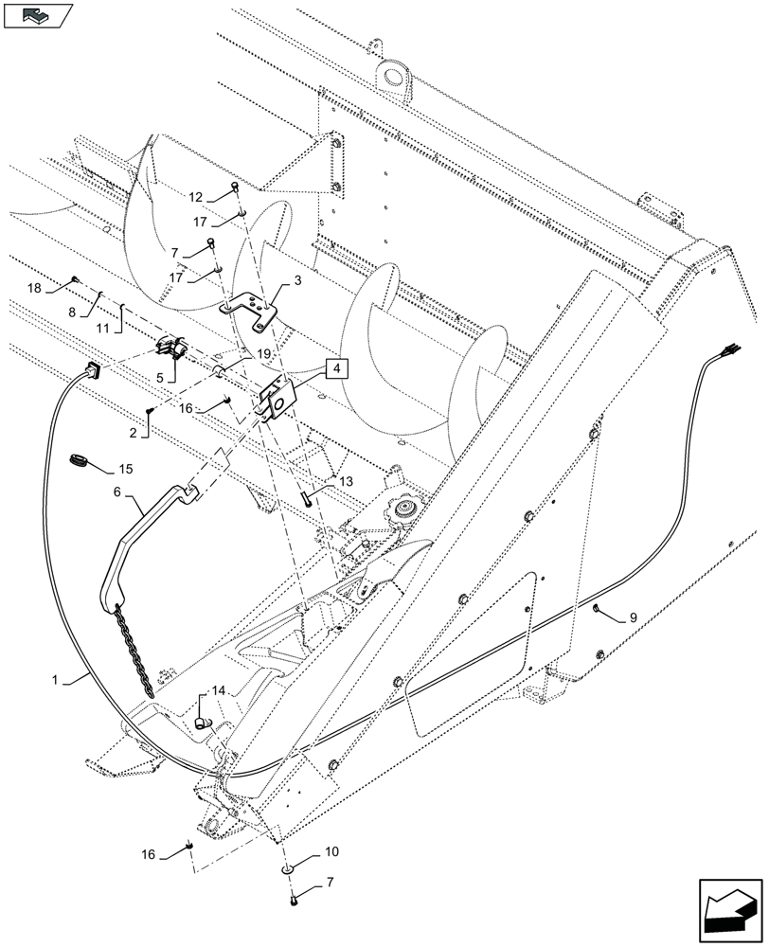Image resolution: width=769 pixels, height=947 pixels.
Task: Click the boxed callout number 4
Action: tap(338, 368)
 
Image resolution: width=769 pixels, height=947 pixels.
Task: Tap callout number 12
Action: tap(195, 197)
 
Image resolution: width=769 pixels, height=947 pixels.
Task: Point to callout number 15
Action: tap(126, 470)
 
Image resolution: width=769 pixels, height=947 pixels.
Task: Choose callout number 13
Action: tap(345, 482)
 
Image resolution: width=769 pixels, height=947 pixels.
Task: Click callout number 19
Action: tap(263, 353)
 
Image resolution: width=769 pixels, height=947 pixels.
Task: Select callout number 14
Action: tap(219, 690)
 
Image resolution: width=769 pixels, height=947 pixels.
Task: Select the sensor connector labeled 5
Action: tap(170, 349)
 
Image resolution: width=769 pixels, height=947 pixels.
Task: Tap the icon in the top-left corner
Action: tap(37, 15)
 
